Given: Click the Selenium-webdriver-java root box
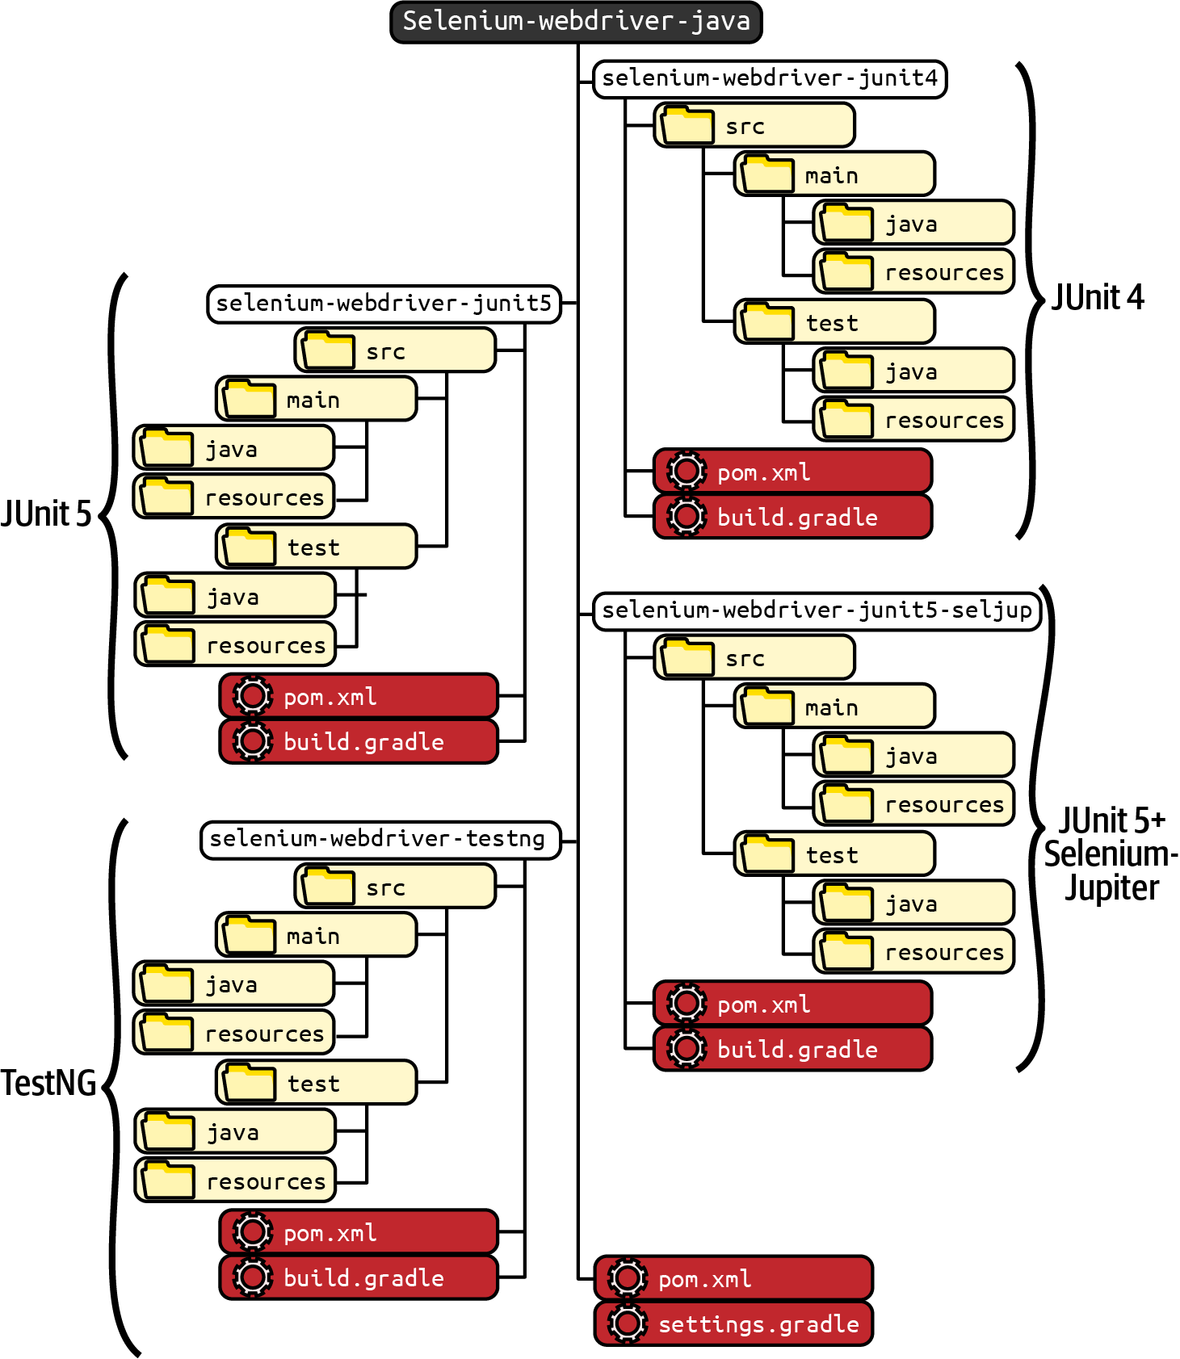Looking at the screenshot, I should point(576,22).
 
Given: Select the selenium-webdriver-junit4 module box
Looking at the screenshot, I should point(769,78).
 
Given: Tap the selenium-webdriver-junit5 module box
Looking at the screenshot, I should point(384,304).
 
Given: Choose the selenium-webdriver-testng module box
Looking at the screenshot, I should point(380,840).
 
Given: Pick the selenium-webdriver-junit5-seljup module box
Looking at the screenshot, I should point(816,610).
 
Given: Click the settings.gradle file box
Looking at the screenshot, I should point(733,1324).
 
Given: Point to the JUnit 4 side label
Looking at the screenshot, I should point(1097,298).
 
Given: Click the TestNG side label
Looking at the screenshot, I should point(48,1083).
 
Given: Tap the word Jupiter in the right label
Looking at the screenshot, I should point(1111,888).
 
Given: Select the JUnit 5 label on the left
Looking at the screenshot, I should point(47,514).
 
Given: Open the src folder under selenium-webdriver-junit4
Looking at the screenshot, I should point(754,125).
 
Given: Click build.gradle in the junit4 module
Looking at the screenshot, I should point(792,517).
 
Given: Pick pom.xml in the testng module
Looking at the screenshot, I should point(359,1232).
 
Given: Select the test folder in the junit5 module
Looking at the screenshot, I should point(316,547).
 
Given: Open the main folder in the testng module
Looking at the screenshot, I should point(316,935).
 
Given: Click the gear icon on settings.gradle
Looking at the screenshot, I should point(628,1323).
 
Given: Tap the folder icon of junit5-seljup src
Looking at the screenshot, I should point(687,657).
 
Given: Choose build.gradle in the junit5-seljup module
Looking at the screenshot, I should point(792,1049).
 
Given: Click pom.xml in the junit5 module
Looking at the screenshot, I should point(359,696).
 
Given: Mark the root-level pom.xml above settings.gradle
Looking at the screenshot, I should point(733,1278).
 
